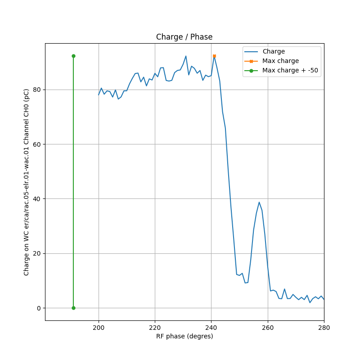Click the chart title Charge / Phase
(x=184, y=37)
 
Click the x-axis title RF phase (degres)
(x=184, y=336)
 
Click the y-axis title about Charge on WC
(x=27, y=182)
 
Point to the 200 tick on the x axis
(x=99, y=328)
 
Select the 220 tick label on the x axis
(x=155, y=328)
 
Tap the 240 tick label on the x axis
(x=211, y=328)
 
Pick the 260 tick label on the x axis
(x=268, y=328)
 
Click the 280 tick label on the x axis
(x=324, y=328)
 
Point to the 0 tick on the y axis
(x=39, y=308)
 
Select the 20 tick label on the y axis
(x=37, y=253)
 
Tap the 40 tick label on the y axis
(x=37, y=199)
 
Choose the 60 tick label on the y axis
(x=37, y=144)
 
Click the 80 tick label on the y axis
(x=37, y=90)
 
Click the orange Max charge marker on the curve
(x=214, y=56)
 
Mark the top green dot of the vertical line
(x=73, y=56)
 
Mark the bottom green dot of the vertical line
(x=73, y=308)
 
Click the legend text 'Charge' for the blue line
(x=274, y=52)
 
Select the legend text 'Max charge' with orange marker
(x=280, y=61)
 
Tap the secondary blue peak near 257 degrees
(x=259, y=202)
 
